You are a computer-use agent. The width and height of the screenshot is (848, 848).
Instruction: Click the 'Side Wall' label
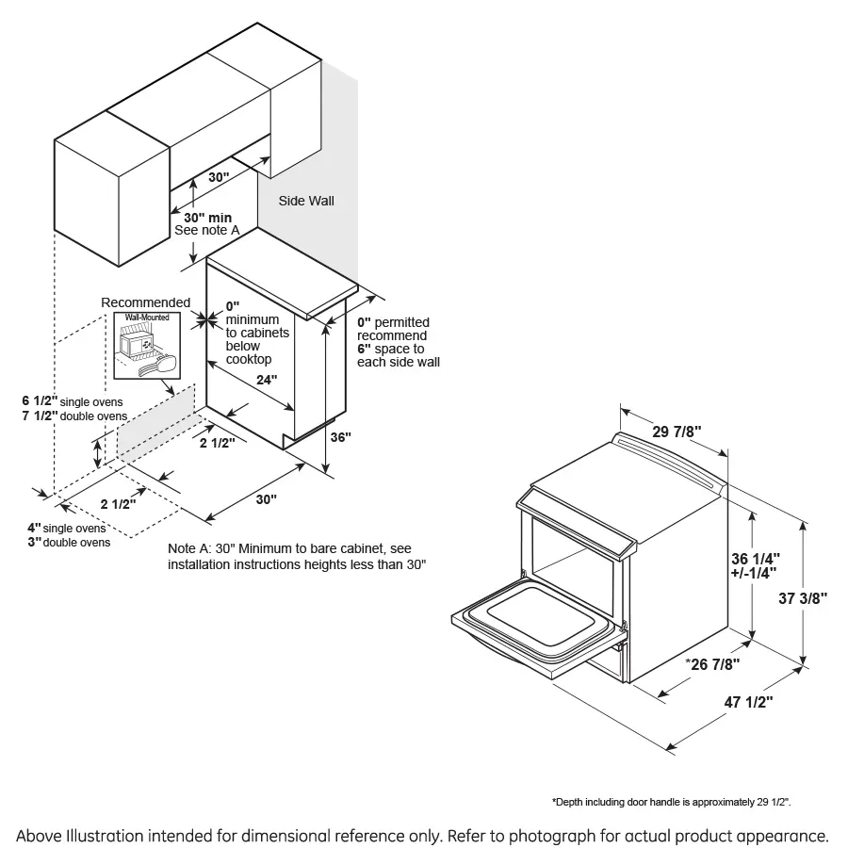click(306, 201)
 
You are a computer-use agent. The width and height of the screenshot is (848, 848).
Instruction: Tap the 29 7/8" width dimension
click(677, 432)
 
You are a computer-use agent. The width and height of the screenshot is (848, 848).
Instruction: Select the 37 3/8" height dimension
click(803, 598)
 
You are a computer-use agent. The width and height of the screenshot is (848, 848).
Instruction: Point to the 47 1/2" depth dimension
click(748, 702)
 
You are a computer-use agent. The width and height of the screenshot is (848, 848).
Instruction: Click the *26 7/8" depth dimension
click(712, 664)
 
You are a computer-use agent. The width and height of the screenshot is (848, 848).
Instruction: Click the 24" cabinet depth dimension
click(267, 380)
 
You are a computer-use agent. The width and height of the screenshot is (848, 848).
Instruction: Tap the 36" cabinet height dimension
click(341, 436)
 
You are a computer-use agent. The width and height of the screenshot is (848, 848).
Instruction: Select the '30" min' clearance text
click(207, 218)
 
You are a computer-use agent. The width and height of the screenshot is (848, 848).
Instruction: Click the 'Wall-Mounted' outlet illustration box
click(147, 345)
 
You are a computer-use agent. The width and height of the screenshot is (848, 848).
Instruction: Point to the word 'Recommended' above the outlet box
click(145, 302)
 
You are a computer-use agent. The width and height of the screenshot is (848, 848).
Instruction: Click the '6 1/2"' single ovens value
click(40, 400)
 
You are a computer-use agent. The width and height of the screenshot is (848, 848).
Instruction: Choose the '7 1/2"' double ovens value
click(40, 416)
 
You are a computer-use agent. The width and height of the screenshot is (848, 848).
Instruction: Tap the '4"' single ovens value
click(34, 528)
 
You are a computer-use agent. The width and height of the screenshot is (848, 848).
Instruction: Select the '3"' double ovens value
click(34, 542)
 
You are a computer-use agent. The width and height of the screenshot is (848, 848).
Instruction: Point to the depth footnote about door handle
click(671, 802)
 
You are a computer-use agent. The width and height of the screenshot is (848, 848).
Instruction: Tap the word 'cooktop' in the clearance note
click(248, 359)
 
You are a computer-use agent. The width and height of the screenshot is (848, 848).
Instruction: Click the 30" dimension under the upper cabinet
click(219, 177)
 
